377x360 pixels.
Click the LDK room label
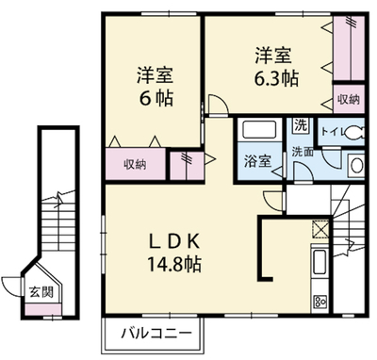point(173,241)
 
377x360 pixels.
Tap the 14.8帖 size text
point(174,264)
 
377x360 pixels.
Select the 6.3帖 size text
point(276,78)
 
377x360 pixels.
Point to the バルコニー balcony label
point(156,334)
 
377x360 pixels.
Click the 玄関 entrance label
point(41,292)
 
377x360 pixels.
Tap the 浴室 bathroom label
point(257,161)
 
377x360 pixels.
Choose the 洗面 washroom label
point(303,152)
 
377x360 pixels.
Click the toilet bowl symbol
point(354,133)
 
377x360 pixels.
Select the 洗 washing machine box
point(301,125)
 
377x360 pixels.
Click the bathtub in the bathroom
point(259,129)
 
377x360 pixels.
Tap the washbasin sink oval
point(357,166)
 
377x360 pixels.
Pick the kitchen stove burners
point(320,303)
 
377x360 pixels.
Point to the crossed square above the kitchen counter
point(320,230)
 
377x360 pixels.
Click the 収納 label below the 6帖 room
point(135,164)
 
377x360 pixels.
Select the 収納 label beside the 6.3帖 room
point(349,100)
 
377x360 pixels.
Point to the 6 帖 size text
point(156,98)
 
